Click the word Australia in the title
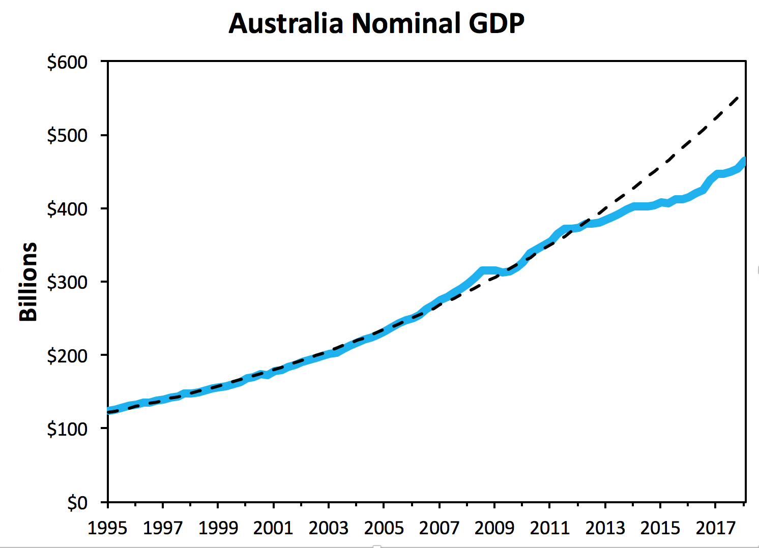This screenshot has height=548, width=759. click(286, 23)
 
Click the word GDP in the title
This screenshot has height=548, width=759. click(496, 23)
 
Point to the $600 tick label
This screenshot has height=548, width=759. click(67, 62)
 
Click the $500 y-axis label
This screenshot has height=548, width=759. click(67, 136)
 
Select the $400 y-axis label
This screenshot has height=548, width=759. click(67, 209)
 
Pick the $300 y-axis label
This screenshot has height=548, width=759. click(67, 282)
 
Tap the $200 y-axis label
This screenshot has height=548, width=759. click(67, 356)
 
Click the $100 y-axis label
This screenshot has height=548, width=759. click(67, 429)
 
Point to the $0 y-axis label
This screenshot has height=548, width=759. click(77, 503)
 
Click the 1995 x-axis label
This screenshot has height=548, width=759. click(107, 528)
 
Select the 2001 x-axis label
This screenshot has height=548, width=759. click(273, 528)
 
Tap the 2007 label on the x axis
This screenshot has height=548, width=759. click(439, 528)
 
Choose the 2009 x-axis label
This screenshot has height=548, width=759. click(494, 528)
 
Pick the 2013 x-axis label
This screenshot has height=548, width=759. click(605, 528)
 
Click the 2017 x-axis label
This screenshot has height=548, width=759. click(715, 528)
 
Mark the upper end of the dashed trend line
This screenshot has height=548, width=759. click(739, 96)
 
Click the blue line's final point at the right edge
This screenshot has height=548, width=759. click(744, 161)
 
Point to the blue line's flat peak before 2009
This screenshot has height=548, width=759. click(488, 270)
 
